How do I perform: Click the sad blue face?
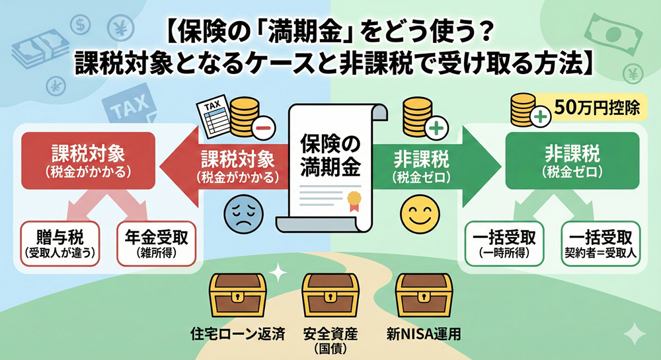[244, 213]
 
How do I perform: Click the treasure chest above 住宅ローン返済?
[237, 295]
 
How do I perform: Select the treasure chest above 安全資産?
[330, 295]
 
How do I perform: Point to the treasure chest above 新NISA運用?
[422, 295]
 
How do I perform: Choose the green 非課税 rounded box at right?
[572, 160]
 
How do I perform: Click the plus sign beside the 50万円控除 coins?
[541, 119]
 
